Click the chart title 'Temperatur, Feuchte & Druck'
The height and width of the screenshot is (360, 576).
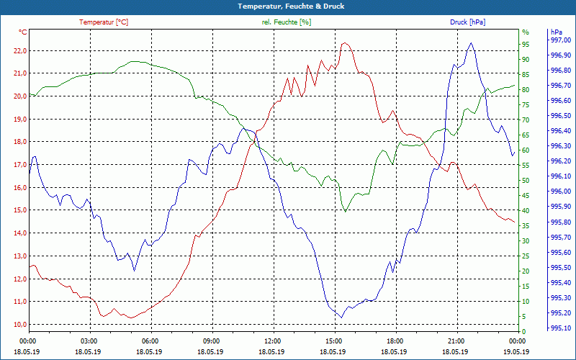coord(288,6)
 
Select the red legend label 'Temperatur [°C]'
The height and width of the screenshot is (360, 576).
coord(104,22)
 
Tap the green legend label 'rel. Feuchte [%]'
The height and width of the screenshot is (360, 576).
coord(287,22)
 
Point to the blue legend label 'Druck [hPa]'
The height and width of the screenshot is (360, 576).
coord(467,22)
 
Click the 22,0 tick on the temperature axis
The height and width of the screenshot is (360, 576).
coord(17,50)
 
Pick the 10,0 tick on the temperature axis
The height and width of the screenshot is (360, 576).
coord(17,324)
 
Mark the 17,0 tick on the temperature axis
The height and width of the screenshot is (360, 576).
coord(17,165)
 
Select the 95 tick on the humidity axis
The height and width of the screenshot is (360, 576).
coord(526,45)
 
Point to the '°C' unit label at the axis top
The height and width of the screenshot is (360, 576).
coord(23,32)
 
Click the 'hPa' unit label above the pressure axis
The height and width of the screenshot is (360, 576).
coord(557,32)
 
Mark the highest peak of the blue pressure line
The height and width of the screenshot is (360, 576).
coord(471,43)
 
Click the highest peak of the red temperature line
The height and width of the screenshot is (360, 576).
coord(346,43)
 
